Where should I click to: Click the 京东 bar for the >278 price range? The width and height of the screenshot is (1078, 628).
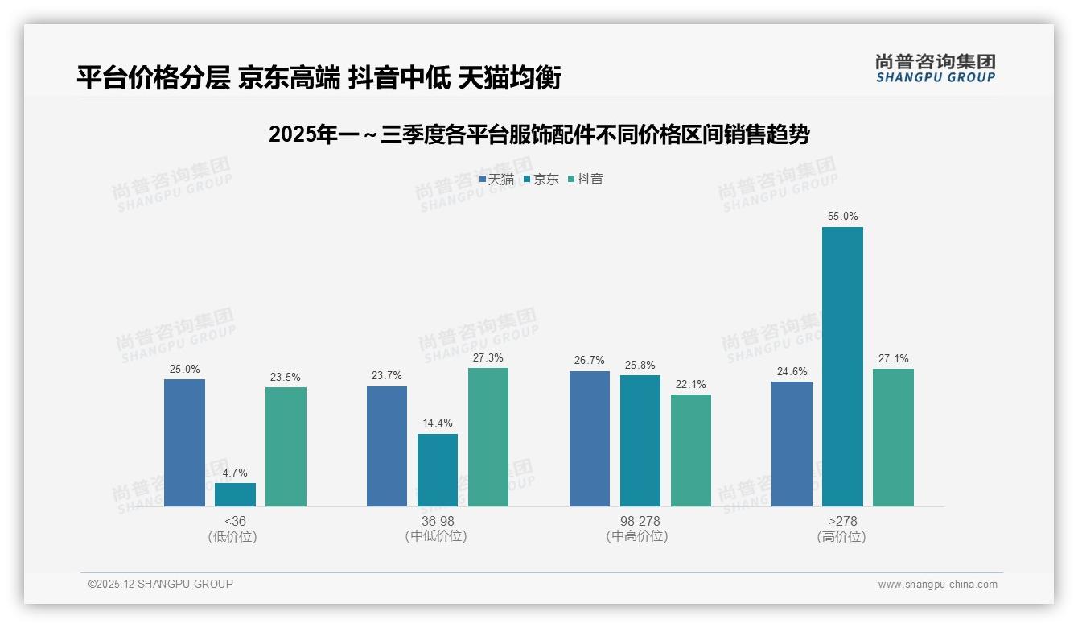point(842,366)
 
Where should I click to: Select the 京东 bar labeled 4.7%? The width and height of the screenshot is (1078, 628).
point(235,494)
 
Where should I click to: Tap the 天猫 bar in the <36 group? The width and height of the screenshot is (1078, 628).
point(184,442)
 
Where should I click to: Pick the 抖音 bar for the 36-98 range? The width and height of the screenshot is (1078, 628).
point(488,436)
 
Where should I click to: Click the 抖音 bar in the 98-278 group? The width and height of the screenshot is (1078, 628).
point(691,450)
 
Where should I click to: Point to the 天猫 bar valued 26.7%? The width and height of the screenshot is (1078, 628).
point(590,438)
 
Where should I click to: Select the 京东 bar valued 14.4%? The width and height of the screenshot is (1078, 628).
point(438,470)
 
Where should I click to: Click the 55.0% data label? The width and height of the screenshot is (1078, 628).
point(842,216)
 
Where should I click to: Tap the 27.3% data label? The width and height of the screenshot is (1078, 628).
point(488,357)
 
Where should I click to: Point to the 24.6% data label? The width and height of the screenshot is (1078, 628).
point(792,371)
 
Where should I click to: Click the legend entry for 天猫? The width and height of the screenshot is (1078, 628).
point(496,179)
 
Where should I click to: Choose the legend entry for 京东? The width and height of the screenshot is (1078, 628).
point(541,179)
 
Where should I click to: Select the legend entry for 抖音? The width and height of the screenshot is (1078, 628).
point(586,179)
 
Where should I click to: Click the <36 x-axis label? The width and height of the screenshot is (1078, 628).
point(235,521)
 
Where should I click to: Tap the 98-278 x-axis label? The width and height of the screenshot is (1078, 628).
point(640,521)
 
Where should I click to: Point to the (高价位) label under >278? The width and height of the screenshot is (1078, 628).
point(841,536)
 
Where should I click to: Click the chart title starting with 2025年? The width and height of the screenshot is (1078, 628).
point(539,134)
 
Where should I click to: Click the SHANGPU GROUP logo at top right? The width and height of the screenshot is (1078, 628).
point(935,68)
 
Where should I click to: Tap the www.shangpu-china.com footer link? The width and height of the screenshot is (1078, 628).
point(937,584)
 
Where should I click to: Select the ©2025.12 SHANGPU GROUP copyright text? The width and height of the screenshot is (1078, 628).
point(161,584)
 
